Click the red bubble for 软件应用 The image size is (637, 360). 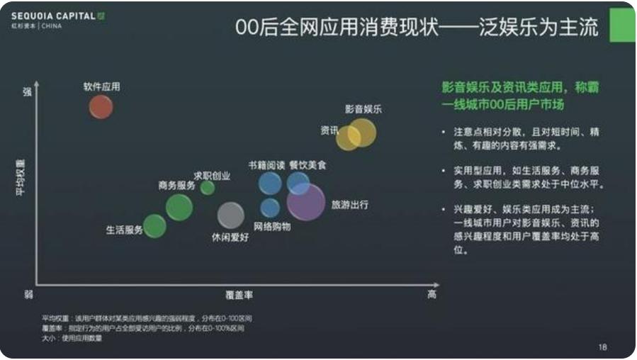click(101, 107)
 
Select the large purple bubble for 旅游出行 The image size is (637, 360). click(307, 202)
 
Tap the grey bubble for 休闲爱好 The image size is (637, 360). click(230, 215)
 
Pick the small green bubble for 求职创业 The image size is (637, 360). click(207, 188)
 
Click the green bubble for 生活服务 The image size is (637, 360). click(154, 226)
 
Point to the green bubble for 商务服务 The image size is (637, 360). click(179, 207)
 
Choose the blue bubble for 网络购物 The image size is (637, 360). click(270, 208)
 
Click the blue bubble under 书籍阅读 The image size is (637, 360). click(269, 183)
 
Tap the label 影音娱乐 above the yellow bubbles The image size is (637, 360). click(363, 109)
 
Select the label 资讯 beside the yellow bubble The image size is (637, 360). click(329, 130)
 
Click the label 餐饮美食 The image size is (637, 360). click(308, 165)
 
